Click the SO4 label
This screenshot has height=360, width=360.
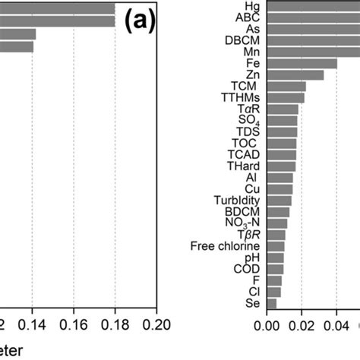[248, 120]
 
